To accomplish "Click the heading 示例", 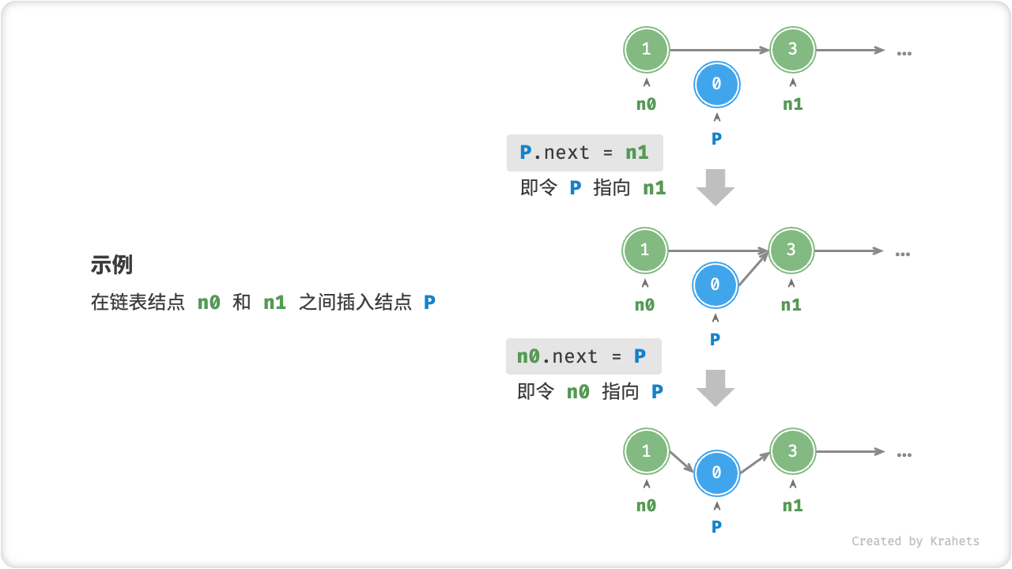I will pyautogui.click(x=111, y=266).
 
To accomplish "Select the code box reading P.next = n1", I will pyautogui.click(x=584, y=153).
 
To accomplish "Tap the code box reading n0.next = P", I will pyautogui.click(x=583, y=356).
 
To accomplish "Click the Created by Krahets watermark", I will pyautogui.click(x=915, y=541).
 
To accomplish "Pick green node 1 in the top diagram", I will pyautogui.click(x=646, y=49).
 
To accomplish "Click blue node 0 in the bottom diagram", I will pyautogui.click(x=716, y=473).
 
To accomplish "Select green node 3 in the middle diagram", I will pyautogui.click(x=791, y=250).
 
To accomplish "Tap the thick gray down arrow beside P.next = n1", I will pyautogui.click(x=716, y=187).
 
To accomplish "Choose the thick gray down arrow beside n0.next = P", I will pyautogui.click(x=716, y=388).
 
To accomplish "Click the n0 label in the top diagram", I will pyautogui.click(x=646, y=104).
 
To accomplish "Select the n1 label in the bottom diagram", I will pyautogui.click(x=792, y=506).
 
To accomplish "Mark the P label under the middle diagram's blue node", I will pyautogui.click(x=715, y=339).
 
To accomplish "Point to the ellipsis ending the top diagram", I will pyautogui.click(x=904, y=53).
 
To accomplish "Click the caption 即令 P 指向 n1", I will pyautogui.click(x=593, y=188).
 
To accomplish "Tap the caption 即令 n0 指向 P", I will pyautogui.click(x=590, y=391).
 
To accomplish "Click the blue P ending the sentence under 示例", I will pyautogui.click(x=429, y=302).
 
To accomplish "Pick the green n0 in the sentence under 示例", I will pyautogui.click(x=209, y=302).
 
